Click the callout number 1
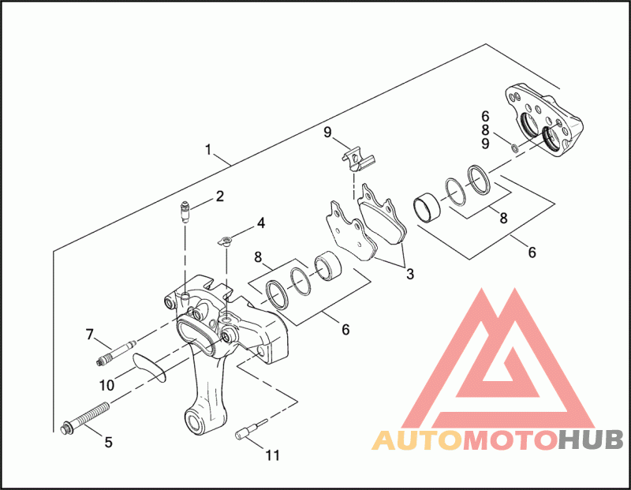207,148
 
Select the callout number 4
260,224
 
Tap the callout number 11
272,455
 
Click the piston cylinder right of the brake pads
430,208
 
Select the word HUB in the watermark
592,440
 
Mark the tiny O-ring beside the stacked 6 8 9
514,146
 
